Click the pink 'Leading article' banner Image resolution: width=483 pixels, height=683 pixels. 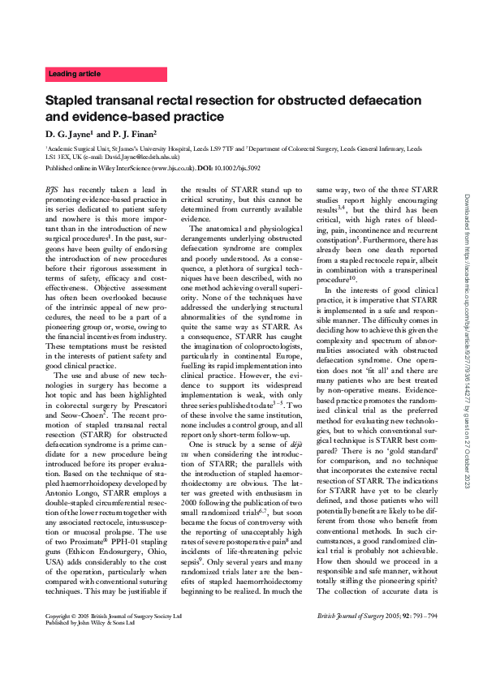coord(106,74)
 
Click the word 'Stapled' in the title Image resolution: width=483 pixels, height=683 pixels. coord(71,103)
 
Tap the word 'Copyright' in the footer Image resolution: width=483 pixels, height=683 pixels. coord(62,639)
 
